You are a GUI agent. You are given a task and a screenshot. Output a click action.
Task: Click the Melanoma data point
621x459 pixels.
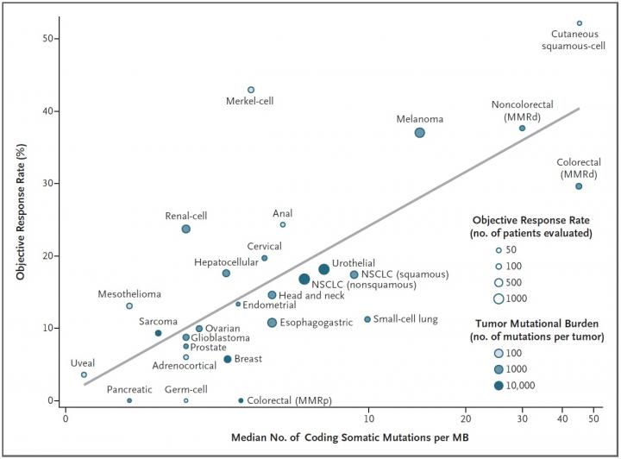click(419, 133)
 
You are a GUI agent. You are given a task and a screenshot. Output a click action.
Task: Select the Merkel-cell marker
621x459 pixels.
click(251, 90)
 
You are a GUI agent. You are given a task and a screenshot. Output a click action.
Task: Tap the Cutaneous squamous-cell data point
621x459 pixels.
click(579, 23)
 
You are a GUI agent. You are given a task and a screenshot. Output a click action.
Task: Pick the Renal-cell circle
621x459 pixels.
click(185, 229)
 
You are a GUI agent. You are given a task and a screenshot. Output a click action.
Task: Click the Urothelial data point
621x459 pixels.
click(323, 269)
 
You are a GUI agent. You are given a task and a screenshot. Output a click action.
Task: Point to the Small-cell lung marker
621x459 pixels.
click(367, 319)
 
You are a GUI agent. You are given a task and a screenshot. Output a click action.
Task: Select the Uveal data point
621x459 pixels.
click(84, 374)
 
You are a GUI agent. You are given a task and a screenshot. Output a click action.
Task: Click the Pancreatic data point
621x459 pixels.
click(129, 400)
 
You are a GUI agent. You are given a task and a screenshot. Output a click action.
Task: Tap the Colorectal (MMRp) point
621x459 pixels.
click(241, 400)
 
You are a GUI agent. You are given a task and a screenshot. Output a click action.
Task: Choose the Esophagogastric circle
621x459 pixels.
click(272, 323)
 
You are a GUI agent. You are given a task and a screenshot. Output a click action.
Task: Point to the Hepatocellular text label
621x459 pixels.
click(226, 262)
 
